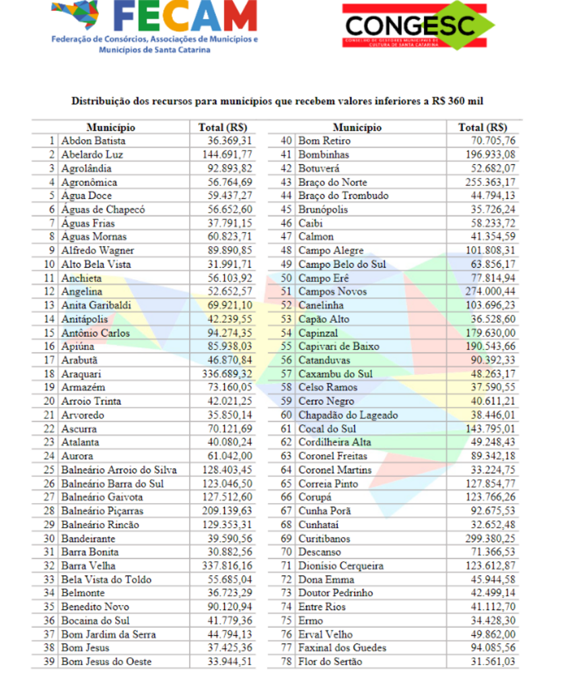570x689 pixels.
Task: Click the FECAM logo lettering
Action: click(x=186, y=19)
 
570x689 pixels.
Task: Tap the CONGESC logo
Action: click(x=417, y=26)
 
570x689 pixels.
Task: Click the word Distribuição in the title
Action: click(x=100, y=101)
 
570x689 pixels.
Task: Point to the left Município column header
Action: click(x=111, y=127)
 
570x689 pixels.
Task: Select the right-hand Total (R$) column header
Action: click(x=482, y=127)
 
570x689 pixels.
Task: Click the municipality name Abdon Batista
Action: click(x=93, y=141)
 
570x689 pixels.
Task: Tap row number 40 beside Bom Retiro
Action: click(x=286, y=141)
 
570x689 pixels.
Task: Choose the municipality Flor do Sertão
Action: click(x=330, y=661)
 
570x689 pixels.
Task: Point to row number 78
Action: click(x=286, y=661)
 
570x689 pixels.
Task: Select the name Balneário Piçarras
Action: click(x=102, y=511)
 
